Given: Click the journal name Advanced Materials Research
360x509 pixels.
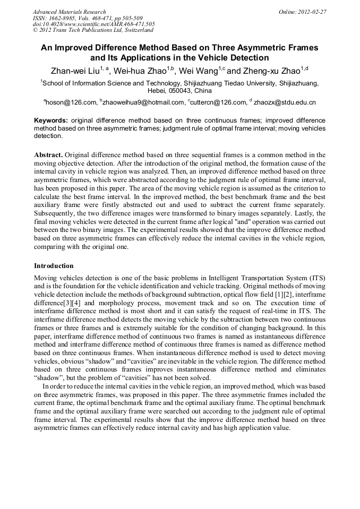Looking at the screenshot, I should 69,12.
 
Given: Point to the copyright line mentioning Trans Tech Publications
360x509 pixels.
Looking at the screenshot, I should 93,30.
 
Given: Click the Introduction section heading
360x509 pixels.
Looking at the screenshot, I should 54,265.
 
